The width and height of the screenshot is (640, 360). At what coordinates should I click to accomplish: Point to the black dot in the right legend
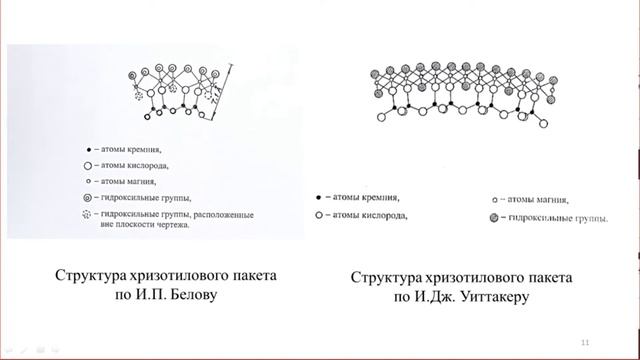click(x=318, y=198)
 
